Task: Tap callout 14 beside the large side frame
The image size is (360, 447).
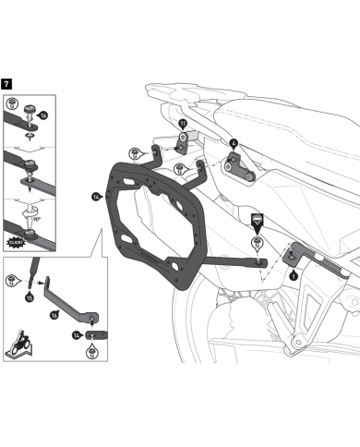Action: [x=97, y=195]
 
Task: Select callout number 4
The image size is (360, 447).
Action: [x=233, y=144]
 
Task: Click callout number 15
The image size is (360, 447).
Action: [x=29, y=297]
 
